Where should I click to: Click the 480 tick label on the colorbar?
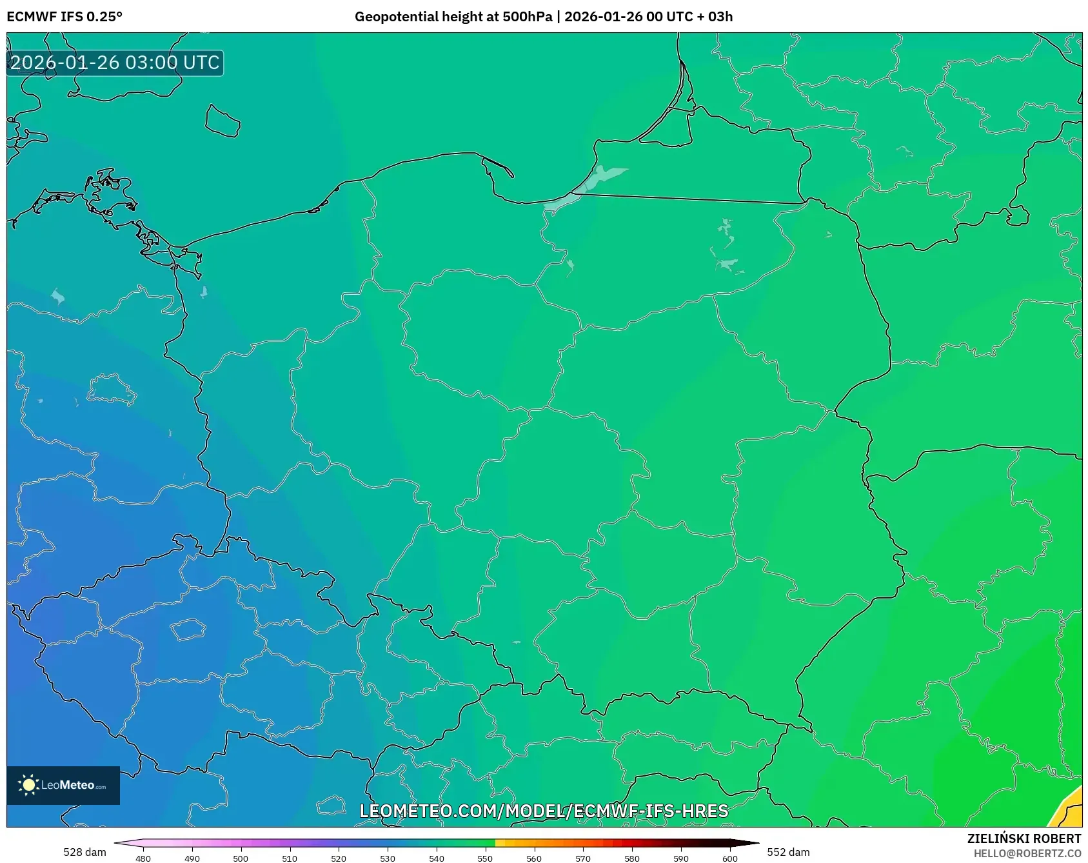pyautogui.click(x=143, y=858)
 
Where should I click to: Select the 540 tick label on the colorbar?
pyautogui.click(x=437, y=858)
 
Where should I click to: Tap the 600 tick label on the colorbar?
pyautogui.click(x=729, y=858)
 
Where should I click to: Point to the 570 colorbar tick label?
pyautogui.click(x=583, y=858)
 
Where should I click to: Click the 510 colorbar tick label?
pyautogui.click(x=290, y=858)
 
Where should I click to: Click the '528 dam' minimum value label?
pyautogui.click(x=84, y=852)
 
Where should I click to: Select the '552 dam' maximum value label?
pyautogui.click(x=788, y=852)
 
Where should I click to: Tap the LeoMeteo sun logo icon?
pyautogui.click(x=28, y=785)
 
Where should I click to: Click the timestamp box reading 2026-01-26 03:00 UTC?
pyautogui.click(x=115, y=63)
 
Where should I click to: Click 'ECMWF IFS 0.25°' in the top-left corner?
pyautogui.click(x=64, y=17)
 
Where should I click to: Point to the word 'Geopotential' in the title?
pyautogui.click(x=394, y=17)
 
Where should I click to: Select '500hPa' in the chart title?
pyautogui.click(x=527, y=17)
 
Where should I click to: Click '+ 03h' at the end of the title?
pyautogui.click(x=715, y=17)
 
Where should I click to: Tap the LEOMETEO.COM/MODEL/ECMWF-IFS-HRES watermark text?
pyautogui.click(x=544, y=811)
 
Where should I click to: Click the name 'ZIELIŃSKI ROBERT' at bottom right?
pyautogui.click(x=1024, y=838)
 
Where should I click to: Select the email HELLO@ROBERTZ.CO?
pyautogui.click(x=1027, y=853)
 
